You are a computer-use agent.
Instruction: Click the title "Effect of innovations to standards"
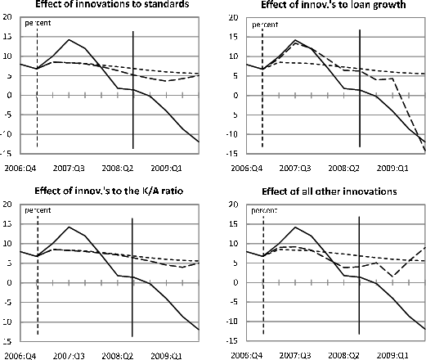point(112,4)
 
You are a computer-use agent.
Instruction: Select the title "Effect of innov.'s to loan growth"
point(334,5)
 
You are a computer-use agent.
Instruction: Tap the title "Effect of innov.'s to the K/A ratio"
point(109,191)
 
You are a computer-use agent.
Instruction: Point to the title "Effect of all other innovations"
point(330,191)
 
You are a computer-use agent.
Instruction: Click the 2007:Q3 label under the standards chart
point(69,169)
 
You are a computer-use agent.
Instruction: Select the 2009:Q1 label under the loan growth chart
point(392,169)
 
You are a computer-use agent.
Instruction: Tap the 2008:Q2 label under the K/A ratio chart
point(118,356)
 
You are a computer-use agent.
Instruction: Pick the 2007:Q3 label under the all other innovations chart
point(295,356)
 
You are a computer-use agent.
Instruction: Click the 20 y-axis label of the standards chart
point(7,17)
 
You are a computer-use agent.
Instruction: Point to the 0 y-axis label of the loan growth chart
point(235,96)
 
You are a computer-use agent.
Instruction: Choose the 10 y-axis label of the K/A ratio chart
point(7,244)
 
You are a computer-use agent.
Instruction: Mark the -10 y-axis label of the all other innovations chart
point(232,322)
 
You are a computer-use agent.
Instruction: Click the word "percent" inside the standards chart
point(38,23)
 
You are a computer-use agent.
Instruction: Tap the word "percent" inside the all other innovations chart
point(264,211)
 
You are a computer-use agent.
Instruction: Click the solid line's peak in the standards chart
point(69,39)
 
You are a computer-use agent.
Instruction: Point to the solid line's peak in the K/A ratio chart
point(69,227)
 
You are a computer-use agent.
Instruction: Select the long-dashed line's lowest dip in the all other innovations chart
point(392,277)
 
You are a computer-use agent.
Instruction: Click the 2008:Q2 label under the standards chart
point(118,169)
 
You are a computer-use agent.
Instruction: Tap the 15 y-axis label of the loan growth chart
point(234,37)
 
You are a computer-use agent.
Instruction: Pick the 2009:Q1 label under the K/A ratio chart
point(166,356)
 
